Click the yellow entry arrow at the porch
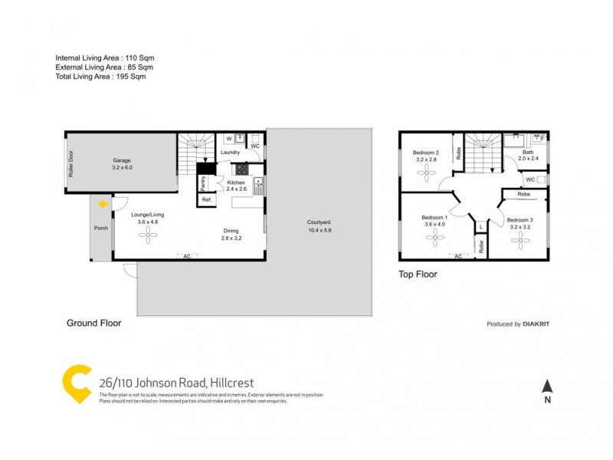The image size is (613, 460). (103, 204)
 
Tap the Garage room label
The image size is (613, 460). (123, 161)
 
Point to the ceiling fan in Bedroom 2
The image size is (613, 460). (426, 173)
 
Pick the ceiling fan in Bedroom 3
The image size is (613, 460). (519, 241)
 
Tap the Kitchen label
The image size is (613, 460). (235, 182)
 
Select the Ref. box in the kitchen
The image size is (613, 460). (206, 199)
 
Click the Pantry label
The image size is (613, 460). (203, 183)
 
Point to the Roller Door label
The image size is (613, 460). (70, 163)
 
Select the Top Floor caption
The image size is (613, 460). (418, 274)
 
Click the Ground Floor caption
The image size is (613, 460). (93, 324)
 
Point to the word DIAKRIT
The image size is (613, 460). (536, 324)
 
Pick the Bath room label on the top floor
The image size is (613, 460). (528, 152)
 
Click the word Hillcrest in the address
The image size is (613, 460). (228, 383)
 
